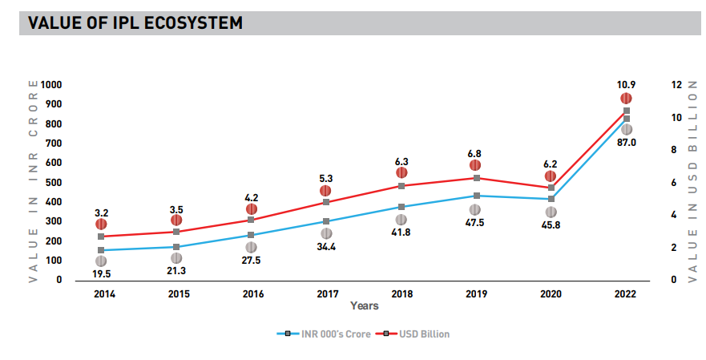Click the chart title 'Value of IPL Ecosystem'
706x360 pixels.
click(135, 23)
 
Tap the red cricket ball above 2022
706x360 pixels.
click(627, 99)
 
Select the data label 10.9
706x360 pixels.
click(627, 84)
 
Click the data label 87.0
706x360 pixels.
click(627, 143)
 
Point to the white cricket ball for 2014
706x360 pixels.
click(101, 261)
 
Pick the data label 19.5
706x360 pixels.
click(101, 275)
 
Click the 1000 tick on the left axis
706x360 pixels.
click(51, 85)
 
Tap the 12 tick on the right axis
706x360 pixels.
click(677, 85)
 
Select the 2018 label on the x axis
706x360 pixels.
click(401, 294)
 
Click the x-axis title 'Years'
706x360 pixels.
click(364, 305)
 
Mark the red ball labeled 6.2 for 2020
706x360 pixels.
click(551, 176)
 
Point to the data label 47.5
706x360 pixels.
click(476, 224)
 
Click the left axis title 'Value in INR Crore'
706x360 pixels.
click(33, 181)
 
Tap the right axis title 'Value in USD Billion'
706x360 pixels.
click(693, 181)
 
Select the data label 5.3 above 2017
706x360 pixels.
click(325, 178)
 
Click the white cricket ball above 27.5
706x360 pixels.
click(251, 248)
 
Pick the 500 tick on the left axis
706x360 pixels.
click(54, 183)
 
